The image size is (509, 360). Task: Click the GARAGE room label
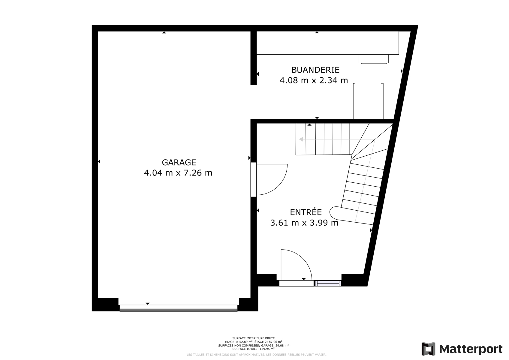179,162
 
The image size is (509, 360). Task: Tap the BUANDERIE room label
315,70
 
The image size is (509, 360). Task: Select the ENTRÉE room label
306,212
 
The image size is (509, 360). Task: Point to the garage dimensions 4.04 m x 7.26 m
178,173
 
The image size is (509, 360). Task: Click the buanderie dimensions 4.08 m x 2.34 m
314,80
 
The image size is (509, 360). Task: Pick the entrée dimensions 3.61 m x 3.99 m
304,223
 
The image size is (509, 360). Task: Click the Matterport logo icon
428,349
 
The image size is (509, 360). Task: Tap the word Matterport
471,349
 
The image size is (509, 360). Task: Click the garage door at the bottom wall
179,308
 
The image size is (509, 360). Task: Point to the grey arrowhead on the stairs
301,139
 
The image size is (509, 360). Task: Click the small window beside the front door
328,283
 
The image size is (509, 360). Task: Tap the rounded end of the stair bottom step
333,212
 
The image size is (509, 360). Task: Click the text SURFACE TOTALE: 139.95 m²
253,349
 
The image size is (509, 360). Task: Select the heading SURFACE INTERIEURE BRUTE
253,338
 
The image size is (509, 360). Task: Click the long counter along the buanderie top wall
328,43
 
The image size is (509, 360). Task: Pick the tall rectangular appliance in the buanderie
368,101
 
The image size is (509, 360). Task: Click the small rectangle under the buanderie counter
374,59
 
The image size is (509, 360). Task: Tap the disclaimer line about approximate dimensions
256,355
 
